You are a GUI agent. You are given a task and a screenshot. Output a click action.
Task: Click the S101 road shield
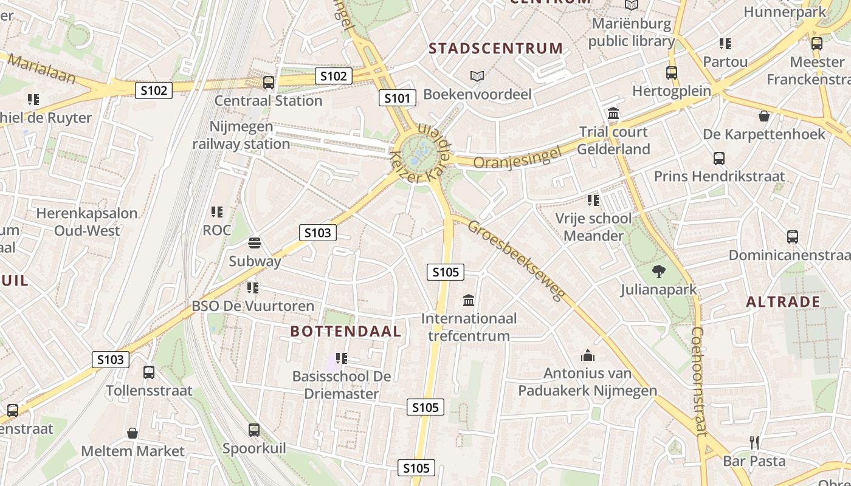(398, 98)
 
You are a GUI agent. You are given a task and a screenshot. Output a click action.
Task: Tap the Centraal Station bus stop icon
(268, 83)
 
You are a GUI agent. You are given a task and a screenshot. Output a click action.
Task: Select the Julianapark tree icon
(658, 272)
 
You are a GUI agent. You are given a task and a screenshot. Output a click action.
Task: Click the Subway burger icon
(255, 244)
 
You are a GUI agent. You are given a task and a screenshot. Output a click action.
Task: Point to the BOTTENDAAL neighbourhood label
(346, 331)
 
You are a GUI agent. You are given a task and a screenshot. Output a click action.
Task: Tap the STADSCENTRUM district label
(496, 49)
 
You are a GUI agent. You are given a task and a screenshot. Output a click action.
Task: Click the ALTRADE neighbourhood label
(783, 302)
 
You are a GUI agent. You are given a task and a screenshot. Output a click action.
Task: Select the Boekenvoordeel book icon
(477, 77)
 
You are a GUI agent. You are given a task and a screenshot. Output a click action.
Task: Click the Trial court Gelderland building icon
(613, 114)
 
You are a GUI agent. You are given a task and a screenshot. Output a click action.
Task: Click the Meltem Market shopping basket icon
(133, 433)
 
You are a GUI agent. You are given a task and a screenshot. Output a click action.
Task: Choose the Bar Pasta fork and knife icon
(754, 443)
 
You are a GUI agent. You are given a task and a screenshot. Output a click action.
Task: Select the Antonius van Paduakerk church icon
(588, 355)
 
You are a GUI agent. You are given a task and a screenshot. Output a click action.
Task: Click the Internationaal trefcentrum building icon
(469, 300)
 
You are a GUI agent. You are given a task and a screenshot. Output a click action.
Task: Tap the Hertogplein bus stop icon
(672, 73)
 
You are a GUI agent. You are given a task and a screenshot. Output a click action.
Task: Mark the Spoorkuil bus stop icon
(254, 430)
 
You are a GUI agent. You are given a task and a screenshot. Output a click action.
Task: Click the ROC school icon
(217, 212)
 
